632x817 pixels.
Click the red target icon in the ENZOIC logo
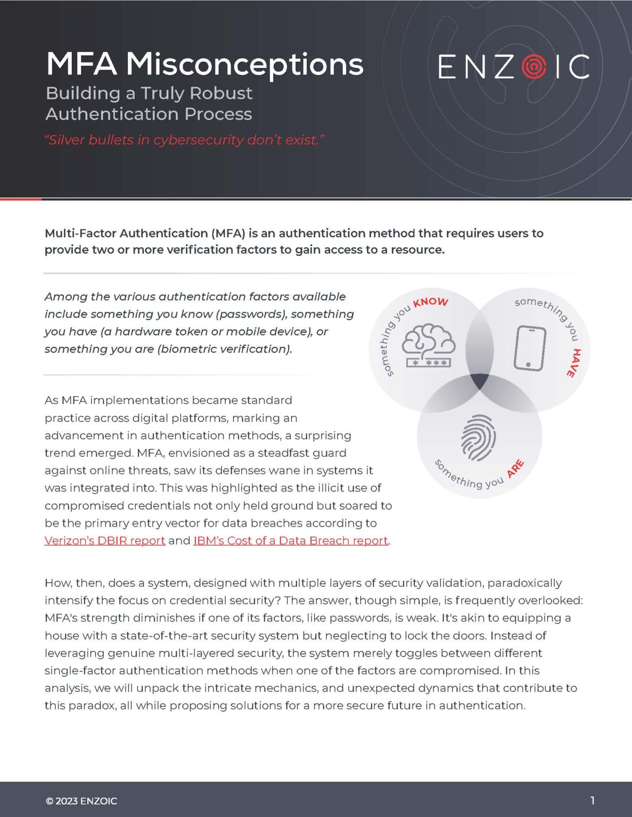(x=533, y=66)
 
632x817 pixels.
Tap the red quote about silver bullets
(x=184, y=140)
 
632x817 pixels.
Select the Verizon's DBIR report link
(x=105, y=540)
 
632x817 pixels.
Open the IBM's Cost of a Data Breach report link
(x=291, y=540)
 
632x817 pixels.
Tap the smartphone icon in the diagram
(x=530, y=348)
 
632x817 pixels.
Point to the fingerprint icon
(x=478, y=437)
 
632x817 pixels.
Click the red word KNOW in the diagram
(x=431, y=302)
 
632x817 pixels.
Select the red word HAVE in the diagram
(x=573, y=363)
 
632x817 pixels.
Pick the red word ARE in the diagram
(x=515, y=469)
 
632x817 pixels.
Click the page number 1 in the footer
(x=592, y=800)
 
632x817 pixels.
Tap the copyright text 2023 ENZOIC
(x=81, y=801)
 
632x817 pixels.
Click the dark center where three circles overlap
(x=479, y=380)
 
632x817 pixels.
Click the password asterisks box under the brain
(x=429, y=363)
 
